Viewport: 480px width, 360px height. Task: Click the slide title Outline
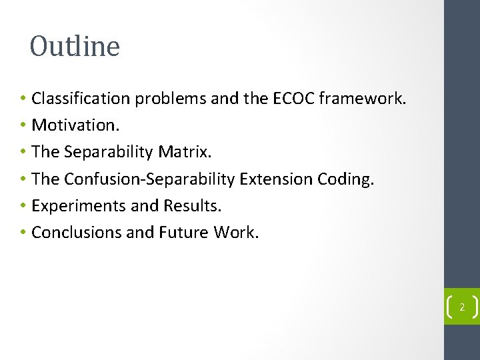75,47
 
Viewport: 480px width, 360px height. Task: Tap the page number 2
461,308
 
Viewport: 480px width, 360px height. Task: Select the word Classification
81,99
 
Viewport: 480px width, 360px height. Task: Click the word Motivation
73,125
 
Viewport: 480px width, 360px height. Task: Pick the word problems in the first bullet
171,99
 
